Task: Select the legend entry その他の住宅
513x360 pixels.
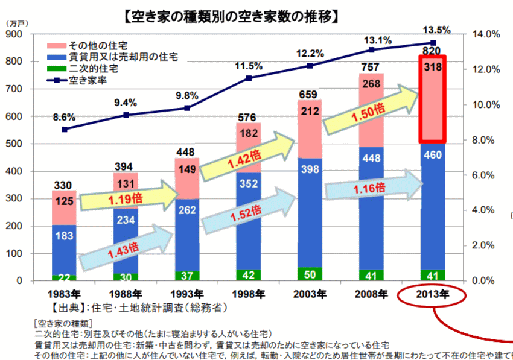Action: point(97,46)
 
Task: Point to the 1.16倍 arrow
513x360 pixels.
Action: point(372,188)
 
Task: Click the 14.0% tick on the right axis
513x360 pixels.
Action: point(482,34)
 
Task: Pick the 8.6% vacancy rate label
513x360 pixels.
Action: point(64,118)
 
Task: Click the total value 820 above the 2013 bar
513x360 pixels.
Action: point(431,51)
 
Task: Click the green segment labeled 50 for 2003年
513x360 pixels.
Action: point(309,274)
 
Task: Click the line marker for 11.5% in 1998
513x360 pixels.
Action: point(248,78)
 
